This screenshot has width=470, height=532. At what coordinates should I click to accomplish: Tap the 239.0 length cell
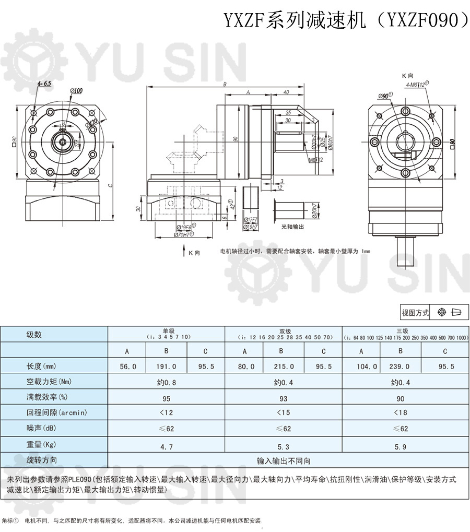coord(401,367)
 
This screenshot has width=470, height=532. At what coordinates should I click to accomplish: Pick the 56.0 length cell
coord(127,367)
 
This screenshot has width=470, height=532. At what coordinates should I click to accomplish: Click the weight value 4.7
coord(166,447)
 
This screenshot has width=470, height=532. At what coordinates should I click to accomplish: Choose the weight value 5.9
coord(401,447)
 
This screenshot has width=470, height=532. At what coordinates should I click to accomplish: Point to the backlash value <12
coord(166,412)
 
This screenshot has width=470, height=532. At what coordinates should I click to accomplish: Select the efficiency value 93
coord(284,399)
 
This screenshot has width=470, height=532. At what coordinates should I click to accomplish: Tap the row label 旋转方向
coord(42,460)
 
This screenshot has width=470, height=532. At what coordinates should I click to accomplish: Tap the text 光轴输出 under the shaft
coord(292,227)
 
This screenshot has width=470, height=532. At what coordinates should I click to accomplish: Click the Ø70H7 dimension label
coord(182,235)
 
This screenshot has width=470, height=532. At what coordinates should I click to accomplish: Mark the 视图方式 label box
coord(415,313)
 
